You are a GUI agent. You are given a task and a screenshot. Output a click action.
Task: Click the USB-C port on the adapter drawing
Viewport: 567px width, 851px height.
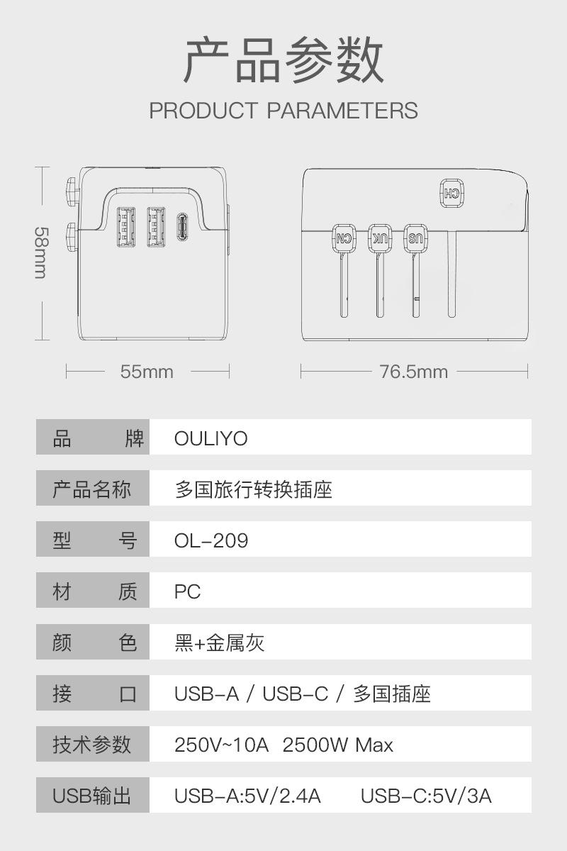click(182, 227)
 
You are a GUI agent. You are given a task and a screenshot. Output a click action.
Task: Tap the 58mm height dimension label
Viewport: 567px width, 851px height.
click(41, 253)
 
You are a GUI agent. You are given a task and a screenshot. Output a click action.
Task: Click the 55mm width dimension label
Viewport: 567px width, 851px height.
click(147, 372)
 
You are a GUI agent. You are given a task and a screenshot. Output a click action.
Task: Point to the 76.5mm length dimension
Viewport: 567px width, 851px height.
click(414, 372)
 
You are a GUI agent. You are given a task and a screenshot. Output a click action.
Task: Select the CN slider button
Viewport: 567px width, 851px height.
click(344, 238)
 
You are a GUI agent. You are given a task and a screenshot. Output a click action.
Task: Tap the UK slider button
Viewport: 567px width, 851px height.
click(380, 238)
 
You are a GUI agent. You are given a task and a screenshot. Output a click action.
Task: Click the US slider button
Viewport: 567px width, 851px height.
click(415, 238)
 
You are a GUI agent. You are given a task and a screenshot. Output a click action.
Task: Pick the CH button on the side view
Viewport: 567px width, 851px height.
click(452, 194)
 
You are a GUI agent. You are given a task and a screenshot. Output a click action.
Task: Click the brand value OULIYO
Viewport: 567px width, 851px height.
click(210, 438)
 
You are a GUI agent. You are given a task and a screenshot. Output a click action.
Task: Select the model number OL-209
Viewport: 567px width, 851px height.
click(211, 540)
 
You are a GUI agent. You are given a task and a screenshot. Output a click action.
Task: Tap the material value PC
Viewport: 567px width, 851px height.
click(187, 591)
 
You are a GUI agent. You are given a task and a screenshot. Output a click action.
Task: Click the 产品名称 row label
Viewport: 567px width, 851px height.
click(91, 489)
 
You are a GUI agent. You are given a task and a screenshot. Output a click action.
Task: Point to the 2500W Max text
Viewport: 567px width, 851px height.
click(337, 745)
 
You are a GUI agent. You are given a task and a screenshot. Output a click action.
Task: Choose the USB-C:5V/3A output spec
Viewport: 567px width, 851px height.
click(426, 796)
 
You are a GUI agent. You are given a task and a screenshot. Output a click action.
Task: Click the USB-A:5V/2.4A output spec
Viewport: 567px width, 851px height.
click(247, 796)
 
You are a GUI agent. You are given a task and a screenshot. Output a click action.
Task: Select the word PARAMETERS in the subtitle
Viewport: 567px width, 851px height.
click(342, 111)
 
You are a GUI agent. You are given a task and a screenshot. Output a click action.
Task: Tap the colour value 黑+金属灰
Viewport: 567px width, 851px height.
click(219, 643)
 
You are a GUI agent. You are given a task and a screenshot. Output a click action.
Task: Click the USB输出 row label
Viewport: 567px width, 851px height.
click(91, 796)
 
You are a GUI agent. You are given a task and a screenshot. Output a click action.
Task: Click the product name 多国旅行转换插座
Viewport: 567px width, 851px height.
click(253, 489)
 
